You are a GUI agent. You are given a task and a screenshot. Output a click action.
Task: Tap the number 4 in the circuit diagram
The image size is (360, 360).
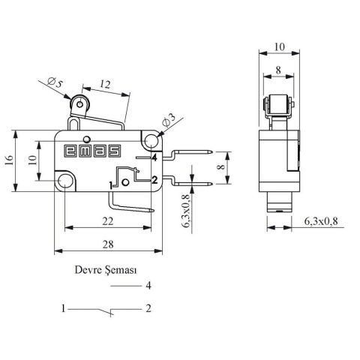tap(149, 286)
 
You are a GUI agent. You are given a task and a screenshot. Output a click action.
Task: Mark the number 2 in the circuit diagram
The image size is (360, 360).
tap(149, 308)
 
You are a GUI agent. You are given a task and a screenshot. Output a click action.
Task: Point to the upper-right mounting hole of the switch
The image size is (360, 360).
tap(153, 140)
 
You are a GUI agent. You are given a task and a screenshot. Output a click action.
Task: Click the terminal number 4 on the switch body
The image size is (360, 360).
tap(153, 158)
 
